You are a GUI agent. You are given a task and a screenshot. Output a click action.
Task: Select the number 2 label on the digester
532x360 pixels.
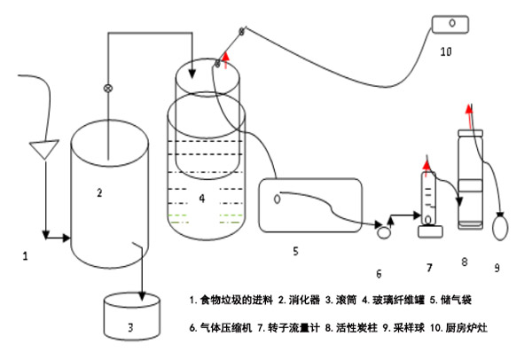[100, 192]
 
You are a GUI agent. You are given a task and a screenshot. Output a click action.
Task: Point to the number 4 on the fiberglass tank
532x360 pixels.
[202, 199]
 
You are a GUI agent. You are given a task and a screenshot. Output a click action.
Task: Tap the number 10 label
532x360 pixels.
[445, 51]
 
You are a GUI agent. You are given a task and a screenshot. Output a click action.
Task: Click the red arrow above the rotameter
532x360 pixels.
[427, 164]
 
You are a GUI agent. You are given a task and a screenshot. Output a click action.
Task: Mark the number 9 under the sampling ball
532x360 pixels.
[497, 266]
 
